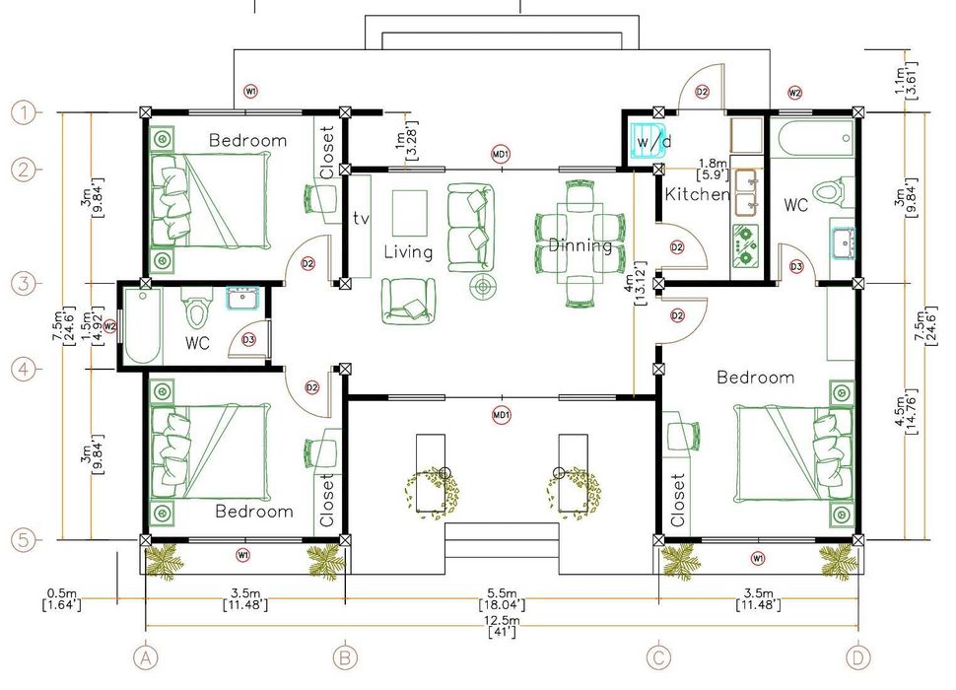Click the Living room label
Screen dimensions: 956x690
[408, 251]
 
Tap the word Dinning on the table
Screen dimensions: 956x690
[580, 245]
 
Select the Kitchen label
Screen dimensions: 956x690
[697, 194]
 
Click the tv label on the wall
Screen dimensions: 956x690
[361, 218]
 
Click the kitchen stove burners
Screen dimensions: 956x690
[744, 245]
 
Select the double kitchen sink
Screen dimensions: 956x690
[746, 192]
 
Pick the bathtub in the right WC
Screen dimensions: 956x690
[813, 138]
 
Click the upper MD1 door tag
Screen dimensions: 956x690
[501, 154]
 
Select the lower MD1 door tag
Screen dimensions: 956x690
[502, 416]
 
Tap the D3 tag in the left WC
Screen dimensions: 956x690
[248, 340]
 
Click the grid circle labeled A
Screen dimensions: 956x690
[145, 657]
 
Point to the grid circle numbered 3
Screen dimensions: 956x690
[24, 284]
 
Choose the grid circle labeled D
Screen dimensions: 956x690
[857, 657]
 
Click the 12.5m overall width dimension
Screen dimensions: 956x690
[503, 627]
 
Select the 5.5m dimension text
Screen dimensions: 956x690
[503, 599]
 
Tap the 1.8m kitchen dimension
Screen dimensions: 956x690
[713, 169]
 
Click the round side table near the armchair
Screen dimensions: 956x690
[484, 285]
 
